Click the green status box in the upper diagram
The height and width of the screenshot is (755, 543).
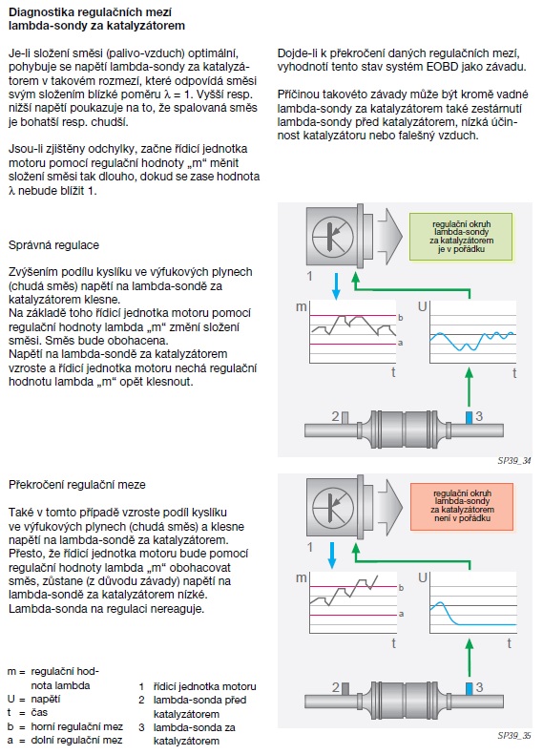point(461,237)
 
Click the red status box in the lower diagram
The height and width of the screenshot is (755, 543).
point(462,507)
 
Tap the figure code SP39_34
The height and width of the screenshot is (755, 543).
point(514,461)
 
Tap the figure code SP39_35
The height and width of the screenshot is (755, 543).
point(514,735)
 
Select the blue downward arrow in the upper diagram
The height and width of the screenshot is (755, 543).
point(336,286)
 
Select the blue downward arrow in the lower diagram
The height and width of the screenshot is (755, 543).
point(332,556)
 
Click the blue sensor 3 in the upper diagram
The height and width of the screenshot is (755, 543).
point(469,417)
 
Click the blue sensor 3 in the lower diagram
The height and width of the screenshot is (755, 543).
point(469,688)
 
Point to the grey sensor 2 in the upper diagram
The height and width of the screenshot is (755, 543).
point(345,418)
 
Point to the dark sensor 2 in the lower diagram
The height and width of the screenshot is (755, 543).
point(345,689)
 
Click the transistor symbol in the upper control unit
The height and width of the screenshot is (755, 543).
point(333,237)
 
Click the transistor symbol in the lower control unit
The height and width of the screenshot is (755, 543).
point(333,508)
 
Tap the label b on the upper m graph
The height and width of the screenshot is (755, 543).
point(401,318)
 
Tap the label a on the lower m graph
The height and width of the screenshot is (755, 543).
point(401,614)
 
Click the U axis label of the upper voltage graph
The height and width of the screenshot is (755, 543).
point(422,306)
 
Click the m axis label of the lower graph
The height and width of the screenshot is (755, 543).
point(301,577)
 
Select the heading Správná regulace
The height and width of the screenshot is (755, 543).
point(53,245)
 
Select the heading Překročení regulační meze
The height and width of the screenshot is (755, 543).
point(77,485)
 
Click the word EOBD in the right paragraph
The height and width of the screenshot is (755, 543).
point(443,67)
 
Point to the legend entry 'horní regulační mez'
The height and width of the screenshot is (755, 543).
point(77,726)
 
